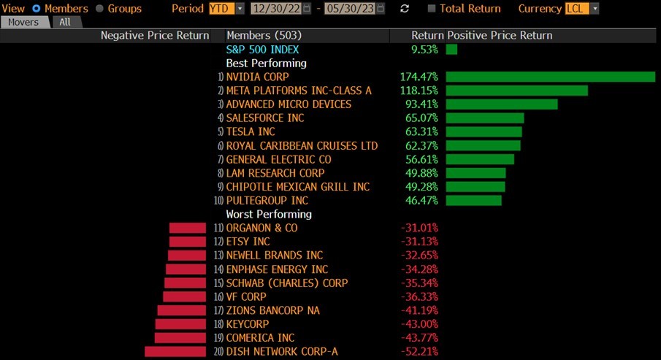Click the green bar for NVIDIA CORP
[550, 77]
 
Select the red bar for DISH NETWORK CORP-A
[175, 351]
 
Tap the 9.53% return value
[424, 50]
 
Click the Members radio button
[36, 9]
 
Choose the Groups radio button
[100, 9]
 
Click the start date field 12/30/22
[277, 9]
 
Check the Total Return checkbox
[432, 9]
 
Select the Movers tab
[24, 22]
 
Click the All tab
[65, 22]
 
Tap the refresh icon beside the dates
[405, 9]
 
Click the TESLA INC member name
[251, 131]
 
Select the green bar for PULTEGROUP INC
[473, 200]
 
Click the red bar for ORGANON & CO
[188, 228]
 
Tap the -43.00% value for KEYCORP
[419, 323]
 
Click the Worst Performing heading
[269, 214]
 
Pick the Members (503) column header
[264, 35]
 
